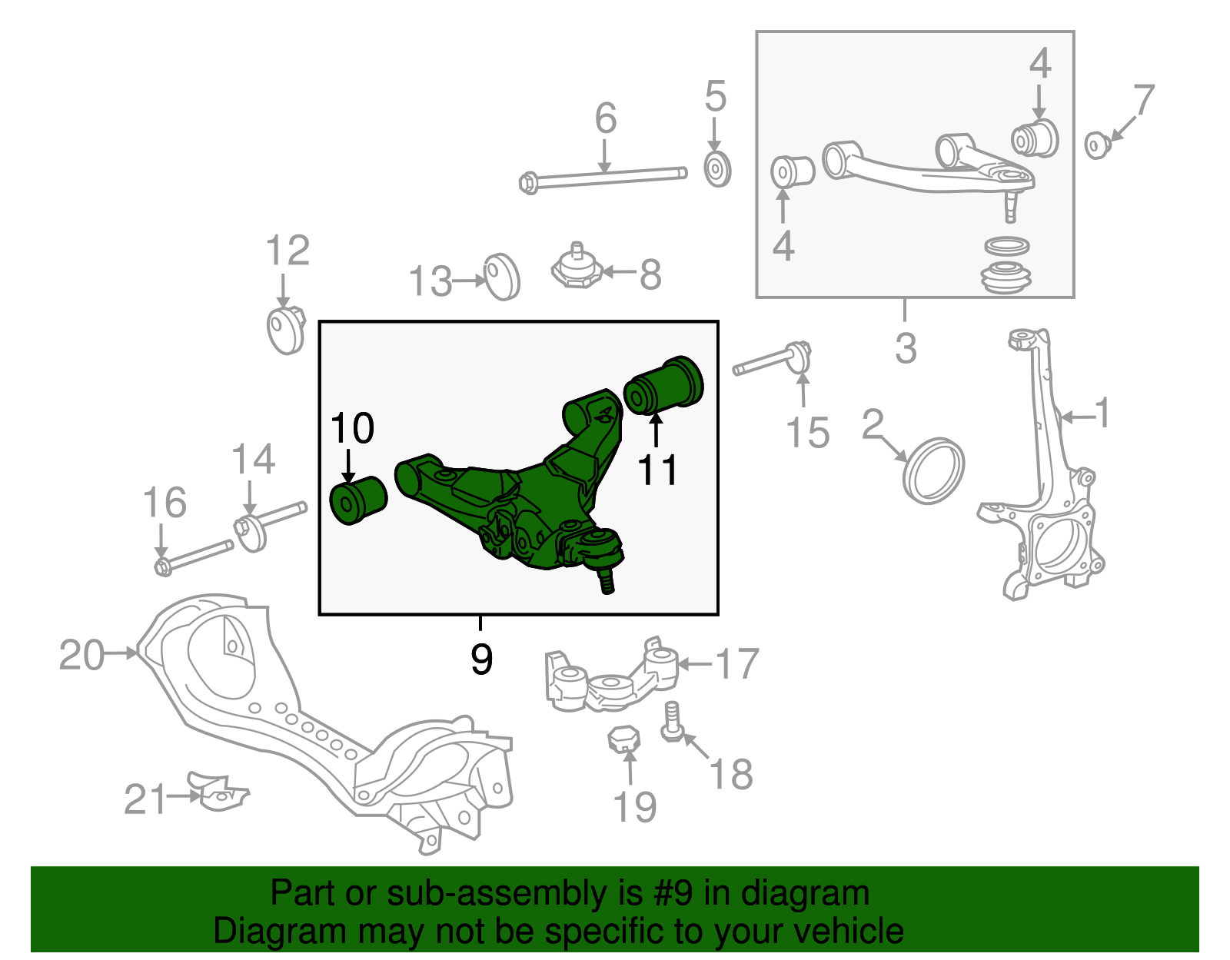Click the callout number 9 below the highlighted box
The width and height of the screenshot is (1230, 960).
tap(481, 659)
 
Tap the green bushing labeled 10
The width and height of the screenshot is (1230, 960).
tap(357, 500)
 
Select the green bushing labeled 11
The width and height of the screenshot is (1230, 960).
tap(664, 384)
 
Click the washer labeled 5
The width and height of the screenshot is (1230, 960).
tap(717, 169)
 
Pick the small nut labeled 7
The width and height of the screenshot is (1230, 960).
tap(1096, 144)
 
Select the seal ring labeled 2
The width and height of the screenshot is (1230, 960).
tap(933, 470)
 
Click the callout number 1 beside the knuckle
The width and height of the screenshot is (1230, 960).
tap(1102, 414)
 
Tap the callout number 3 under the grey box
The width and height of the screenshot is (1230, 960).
tap(906, 348)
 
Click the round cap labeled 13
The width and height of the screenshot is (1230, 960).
tap(502, 277)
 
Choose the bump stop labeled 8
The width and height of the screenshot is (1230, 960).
tap(576, 268)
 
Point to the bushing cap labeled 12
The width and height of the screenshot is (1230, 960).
tap(286, 330)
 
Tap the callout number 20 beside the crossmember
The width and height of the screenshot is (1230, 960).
tap(81, 656)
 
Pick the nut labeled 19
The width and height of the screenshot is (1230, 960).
tap(624, 739)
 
